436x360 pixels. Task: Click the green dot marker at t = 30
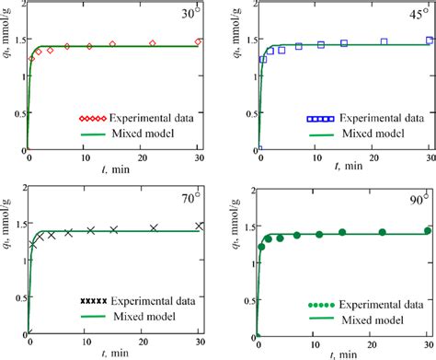point(427,230)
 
